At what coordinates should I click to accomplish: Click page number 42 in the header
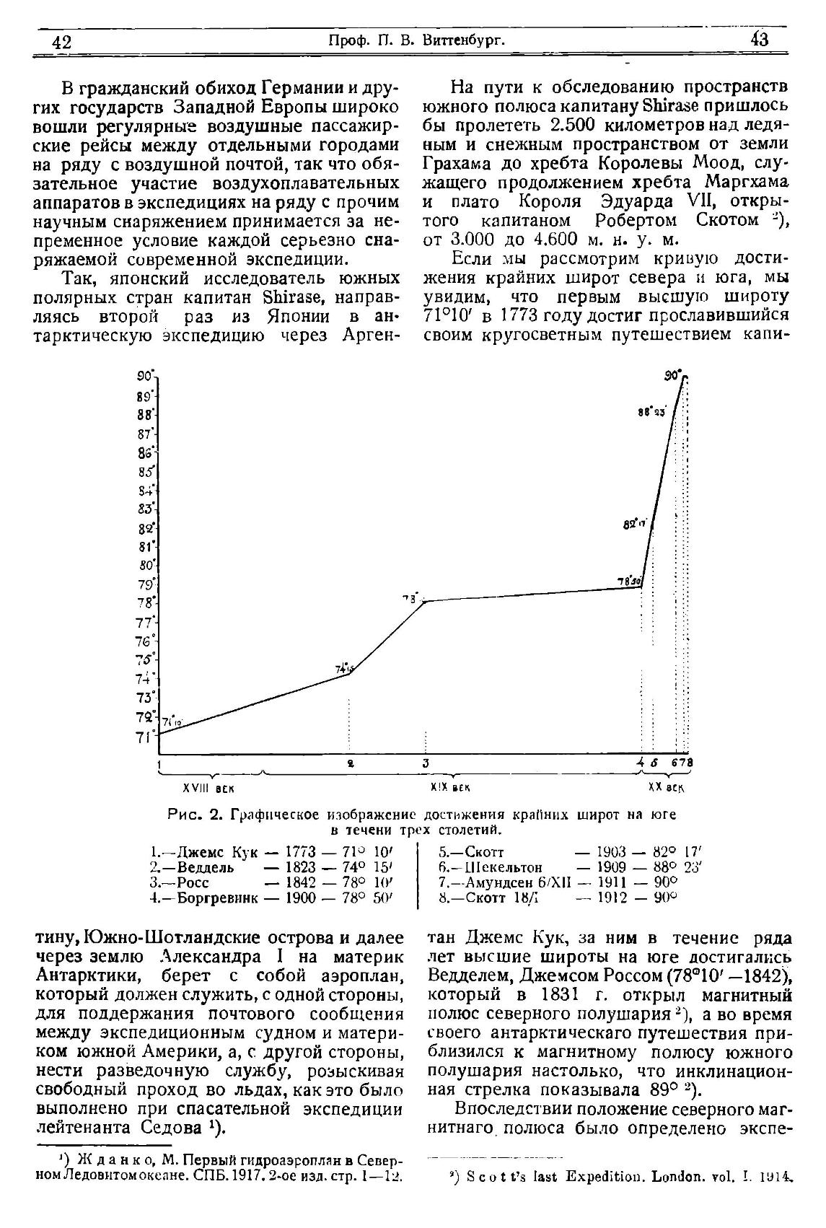[x=63, y=42]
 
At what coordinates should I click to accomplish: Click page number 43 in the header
[x=760, y=40]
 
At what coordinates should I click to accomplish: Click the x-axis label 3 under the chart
[x=426, y=763]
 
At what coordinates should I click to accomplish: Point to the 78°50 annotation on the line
[x=629, y=581]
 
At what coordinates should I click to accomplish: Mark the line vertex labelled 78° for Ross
[x=426, y=601]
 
